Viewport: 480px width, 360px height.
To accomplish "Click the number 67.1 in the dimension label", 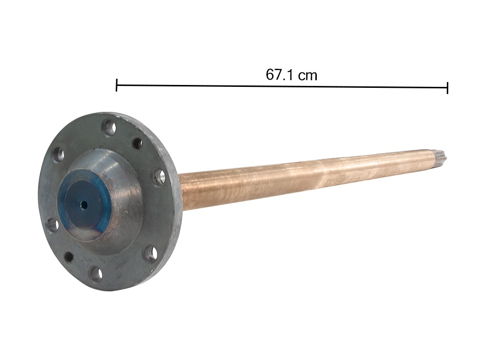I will [280, 75].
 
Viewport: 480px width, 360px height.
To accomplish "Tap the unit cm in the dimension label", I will [308, 75].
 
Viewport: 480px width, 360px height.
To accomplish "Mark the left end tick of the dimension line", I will [117, 85].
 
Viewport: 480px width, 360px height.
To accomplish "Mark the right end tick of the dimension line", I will [447, 88].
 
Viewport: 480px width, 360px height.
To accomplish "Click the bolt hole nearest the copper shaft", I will [159, 176].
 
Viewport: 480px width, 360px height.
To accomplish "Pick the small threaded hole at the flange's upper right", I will [137, 143].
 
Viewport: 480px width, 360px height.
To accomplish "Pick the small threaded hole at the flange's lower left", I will [69, 257].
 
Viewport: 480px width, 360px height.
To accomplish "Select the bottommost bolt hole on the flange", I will [96, 274].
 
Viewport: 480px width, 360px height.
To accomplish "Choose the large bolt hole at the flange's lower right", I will [151, 253].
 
